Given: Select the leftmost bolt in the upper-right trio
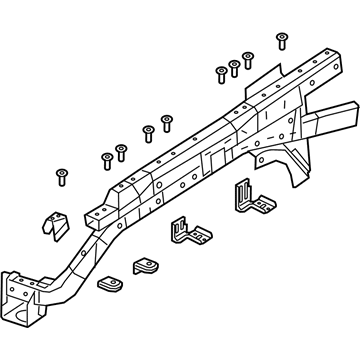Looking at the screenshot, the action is (221, 73).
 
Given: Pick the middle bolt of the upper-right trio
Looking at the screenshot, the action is (234, 67).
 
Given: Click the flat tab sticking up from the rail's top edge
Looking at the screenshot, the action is (262, 81).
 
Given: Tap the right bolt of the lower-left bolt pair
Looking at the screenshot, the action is (121, 151).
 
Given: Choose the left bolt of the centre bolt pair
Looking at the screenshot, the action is (148, 131).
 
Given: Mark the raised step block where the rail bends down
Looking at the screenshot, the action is (101, 212).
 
